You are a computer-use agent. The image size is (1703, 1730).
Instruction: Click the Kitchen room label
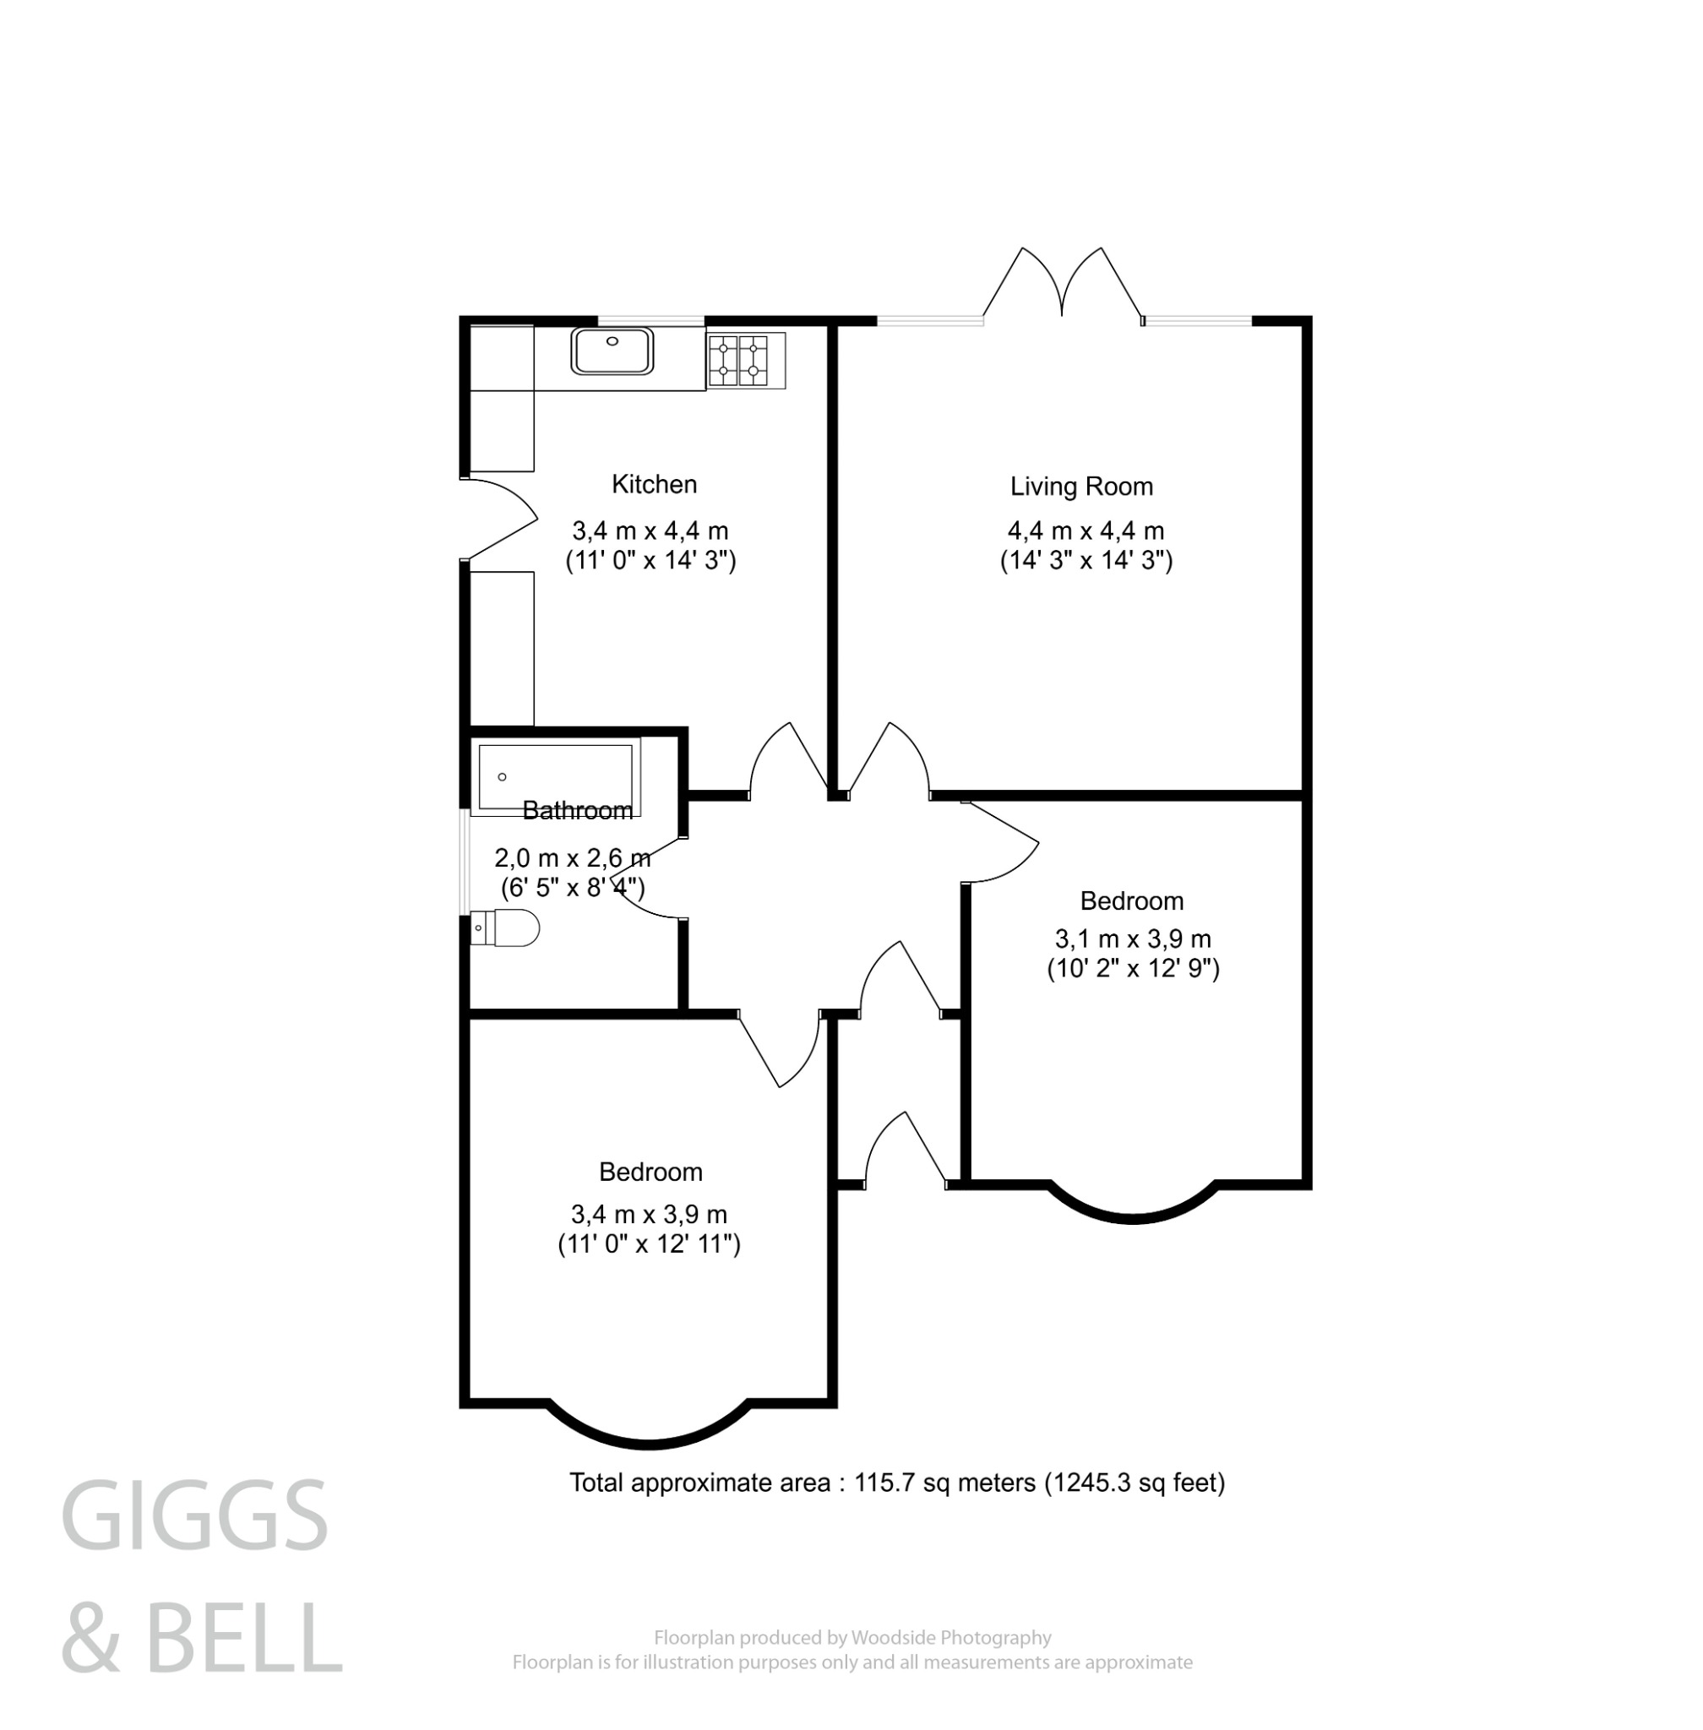[x=654, y=484]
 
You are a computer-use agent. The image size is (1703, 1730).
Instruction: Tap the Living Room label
[x=1080, y=487]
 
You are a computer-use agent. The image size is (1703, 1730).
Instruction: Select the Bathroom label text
[x=577, y=810]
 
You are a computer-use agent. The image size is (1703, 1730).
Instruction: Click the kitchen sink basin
[x=612, y=351]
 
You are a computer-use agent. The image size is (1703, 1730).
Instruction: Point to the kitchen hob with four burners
[x=738, y=360]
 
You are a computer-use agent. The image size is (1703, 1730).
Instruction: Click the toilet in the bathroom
[x=506, y=928]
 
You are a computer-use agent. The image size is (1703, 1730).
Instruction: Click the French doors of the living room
[x=1062, y=286]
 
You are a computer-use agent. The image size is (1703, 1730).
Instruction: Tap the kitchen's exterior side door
[x=498, y=519]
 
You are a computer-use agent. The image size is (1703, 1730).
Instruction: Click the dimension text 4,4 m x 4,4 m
[x=1085, y=530]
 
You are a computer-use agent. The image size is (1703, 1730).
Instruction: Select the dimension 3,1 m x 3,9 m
[x=1132, y=938]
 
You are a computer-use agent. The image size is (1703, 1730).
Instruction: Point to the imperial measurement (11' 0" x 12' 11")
[x=650, y=1244]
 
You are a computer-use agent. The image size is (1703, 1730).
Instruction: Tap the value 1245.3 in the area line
[x=1086, y=1483]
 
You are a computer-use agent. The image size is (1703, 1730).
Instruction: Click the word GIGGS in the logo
[x=195, y=1517]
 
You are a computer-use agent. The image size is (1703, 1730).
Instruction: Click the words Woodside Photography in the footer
[x=951, y=1638]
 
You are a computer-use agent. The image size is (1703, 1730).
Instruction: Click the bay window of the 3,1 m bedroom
[x=1132, y=1208]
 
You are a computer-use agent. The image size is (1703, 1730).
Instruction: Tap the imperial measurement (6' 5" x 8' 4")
[x=573, y=887]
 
